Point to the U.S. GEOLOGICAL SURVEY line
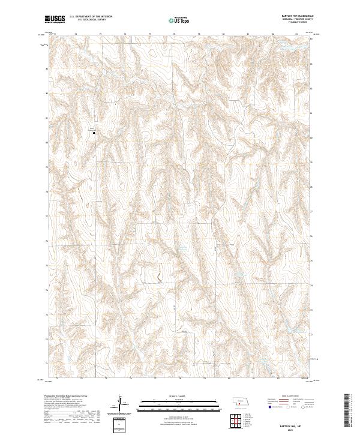(x=85, y=20)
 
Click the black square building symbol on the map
(x=94, y=133)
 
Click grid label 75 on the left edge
(x=47, y=265)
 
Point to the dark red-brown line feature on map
(x=160, y=275)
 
